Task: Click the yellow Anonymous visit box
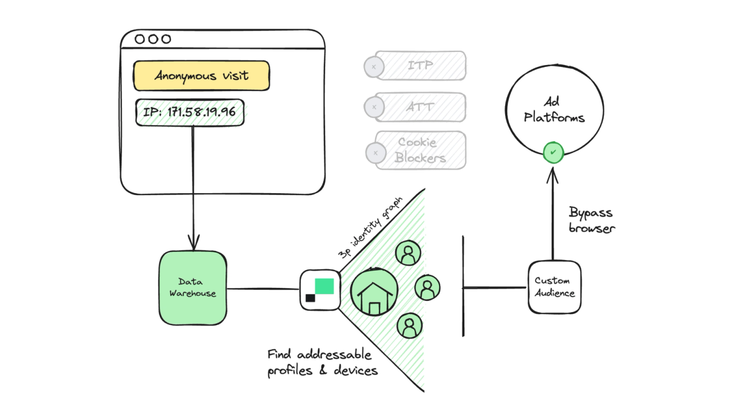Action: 201,76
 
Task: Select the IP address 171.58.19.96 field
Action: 190,113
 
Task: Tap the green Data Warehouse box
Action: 193,288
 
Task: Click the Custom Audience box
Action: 555,287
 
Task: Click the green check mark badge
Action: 554,152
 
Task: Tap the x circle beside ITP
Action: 373,66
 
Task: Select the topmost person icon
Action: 407,253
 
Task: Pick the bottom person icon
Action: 409,326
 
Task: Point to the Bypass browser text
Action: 591,220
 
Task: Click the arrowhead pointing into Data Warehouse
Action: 194,242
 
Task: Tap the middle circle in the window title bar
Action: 152,39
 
